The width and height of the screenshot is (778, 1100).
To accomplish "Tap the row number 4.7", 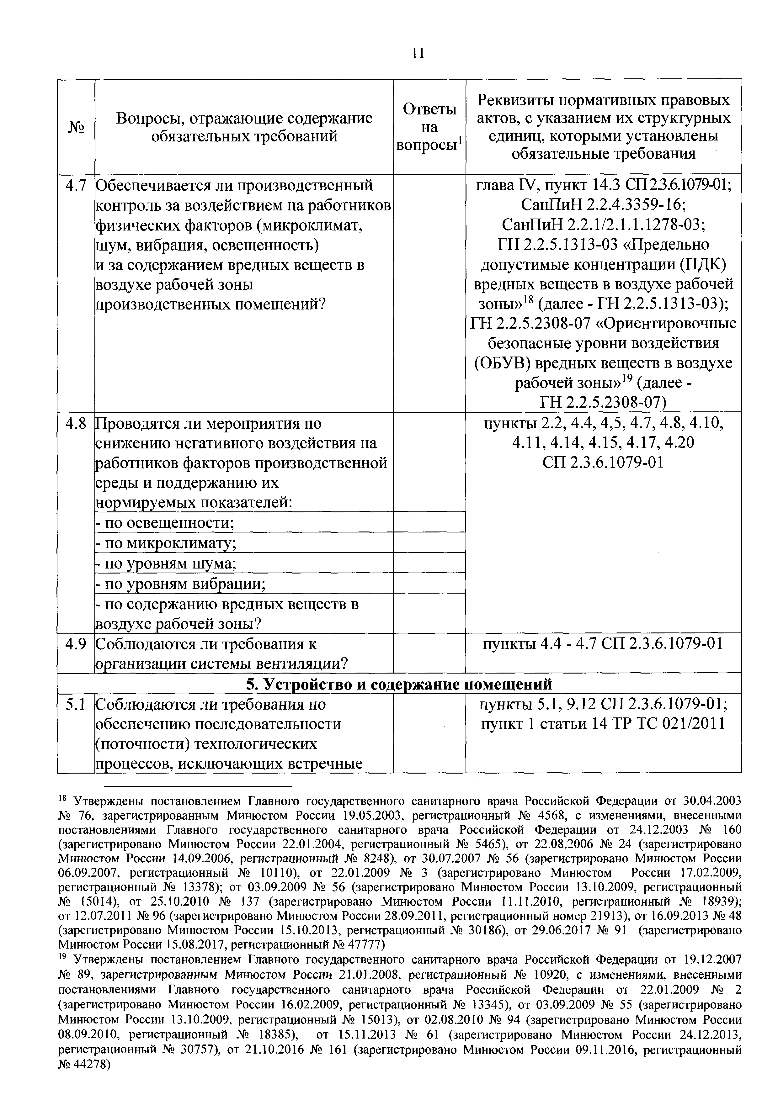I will (x=76, y=185).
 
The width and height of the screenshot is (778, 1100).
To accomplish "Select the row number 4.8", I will (x=76, y=424).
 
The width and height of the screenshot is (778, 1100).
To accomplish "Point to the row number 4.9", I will (x=76, y=644).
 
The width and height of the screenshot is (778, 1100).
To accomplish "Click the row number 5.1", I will (x=76, y=704).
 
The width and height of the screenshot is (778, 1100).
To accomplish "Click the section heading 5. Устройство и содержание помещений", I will (x=399, y=684).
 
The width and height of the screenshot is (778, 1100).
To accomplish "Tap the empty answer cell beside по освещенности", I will (x=429, y=522).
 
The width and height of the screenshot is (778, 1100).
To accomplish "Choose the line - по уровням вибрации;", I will (x=180, y=584).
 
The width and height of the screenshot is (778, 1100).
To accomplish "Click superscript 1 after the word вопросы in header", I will (x=459, y=140).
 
